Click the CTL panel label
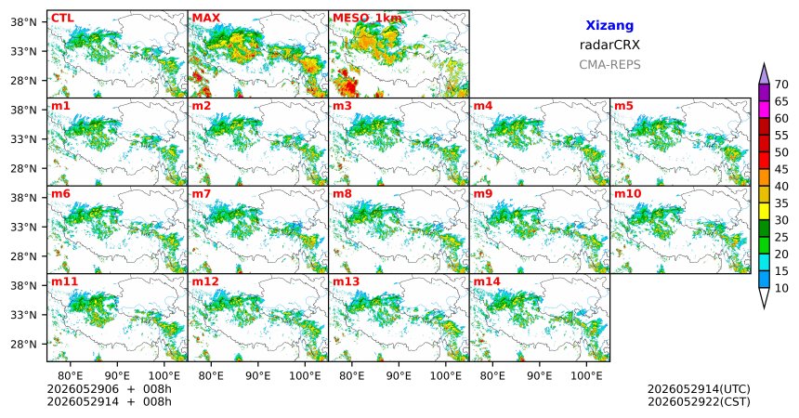[x=62, y=19]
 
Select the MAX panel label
[x=206, y=19]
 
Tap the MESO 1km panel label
[x=367, y=19]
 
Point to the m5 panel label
[x=623, y=106]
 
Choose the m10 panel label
[x=627, y=194]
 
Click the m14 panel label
[x=487, y=281]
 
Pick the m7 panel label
[x=202, y=194]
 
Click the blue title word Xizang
[x=609, y=25]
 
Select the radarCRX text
[x=609, y=45]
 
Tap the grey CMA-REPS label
[x=609, y=65]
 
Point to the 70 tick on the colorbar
[x=781, y=85]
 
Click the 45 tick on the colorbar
[x=781, y=169]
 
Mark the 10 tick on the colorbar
[x=781, y=288]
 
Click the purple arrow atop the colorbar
[x=764, y=74]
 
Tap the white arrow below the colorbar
[x=764, y=297]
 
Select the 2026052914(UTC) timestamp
[x=699, y=389]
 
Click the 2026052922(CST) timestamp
[x=699, y=401]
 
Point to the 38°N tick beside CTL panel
[x=24, y=22]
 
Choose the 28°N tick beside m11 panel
[x=24, y=344]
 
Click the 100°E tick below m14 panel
[x=586, y=376]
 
